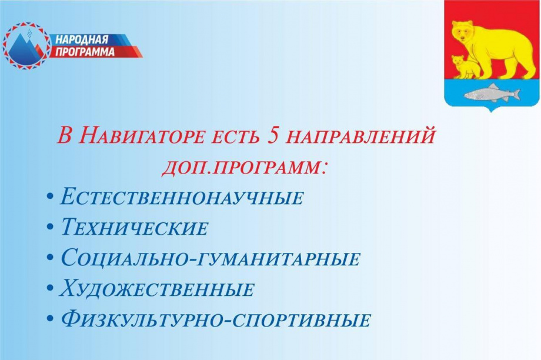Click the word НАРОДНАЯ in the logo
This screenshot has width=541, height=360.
tap(82, 40)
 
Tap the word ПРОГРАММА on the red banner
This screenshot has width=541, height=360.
tap(86, 52)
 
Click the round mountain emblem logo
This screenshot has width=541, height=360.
tap(26, 46)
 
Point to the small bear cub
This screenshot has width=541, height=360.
tap(465, 66)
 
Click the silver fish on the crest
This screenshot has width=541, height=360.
tap(492, 93)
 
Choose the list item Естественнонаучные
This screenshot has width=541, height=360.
tap(182, 197)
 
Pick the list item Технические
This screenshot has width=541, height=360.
tap(135, 228)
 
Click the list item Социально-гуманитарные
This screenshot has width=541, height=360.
tap(211, 258)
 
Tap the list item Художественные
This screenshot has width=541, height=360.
tap(158, 289)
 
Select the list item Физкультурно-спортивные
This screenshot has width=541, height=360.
tap(216, 320)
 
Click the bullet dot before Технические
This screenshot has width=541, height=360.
tap(51, 227)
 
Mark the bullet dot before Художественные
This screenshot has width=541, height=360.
tap(51, 288)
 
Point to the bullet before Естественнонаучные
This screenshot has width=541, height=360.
tap(51, 196)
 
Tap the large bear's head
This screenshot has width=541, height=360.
tap(464, 31)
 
